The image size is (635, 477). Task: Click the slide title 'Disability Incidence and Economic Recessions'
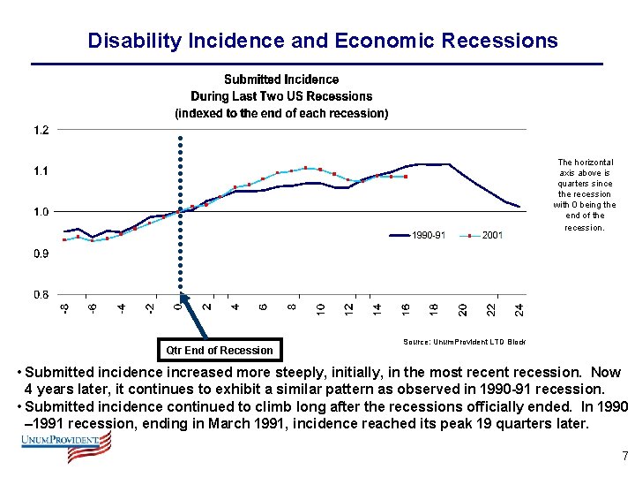coord(322,41)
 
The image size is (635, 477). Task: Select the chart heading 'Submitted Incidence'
coord(280,79)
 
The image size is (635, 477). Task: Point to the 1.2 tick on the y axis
coord(41,130)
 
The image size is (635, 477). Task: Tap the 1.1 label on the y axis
coord(41,170)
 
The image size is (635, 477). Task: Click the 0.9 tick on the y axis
coord(41,254)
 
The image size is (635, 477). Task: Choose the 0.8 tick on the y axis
coord(41,294)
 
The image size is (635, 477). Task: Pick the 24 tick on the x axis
coord(519,308)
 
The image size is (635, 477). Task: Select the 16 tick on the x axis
coord(406,308)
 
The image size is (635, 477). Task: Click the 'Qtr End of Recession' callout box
coord(220,350)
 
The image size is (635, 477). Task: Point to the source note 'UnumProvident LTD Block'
coord(464,341)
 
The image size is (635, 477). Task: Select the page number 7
coord(624,457)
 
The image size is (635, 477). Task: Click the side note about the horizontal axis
coord(584,194)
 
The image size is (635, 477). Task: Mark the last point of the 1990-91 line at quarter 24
coord(519,207)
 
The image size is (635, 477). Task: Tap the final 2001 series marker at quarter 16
coord(406,177)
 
